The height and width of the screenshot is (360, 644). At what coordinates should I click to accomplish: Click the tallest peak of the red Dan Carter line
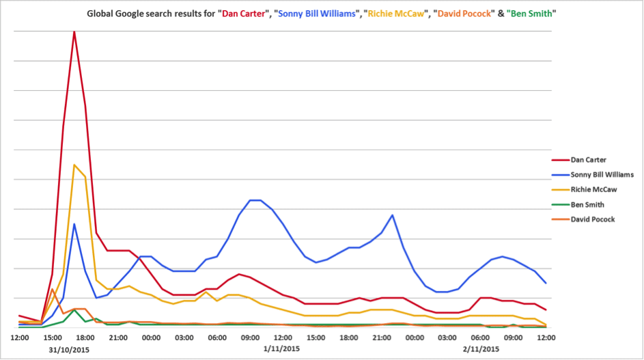coord(74,31)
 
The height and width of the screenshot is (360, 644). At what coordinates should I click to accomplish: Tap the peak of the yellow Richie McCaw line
coord(74,165)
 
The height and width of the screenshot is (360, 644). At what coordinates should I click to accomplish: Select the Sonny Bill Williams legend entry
coord(602,175)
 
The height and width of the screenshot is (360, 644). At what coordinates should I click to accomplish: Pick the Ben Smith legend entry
coord(587,204)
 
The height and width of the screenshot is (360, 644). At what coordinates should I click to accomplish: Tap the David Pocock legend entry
coord(591,219)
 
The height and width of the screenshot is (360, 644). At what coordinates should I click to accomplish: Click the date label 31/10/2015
coord(69,349)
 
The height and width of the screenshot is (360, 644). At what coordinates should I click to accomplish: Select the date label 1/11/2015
coord(281,349)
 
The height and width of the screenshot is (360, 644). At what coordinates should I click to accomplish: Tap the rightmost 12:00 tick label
coord(546,337)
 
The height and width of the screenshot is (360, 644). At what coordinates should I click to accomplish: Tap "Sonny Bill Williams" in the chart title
coord(320,14)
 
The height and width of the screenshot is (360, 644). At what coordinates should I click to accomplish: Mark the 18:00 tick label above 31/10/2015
coord(85,337)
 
